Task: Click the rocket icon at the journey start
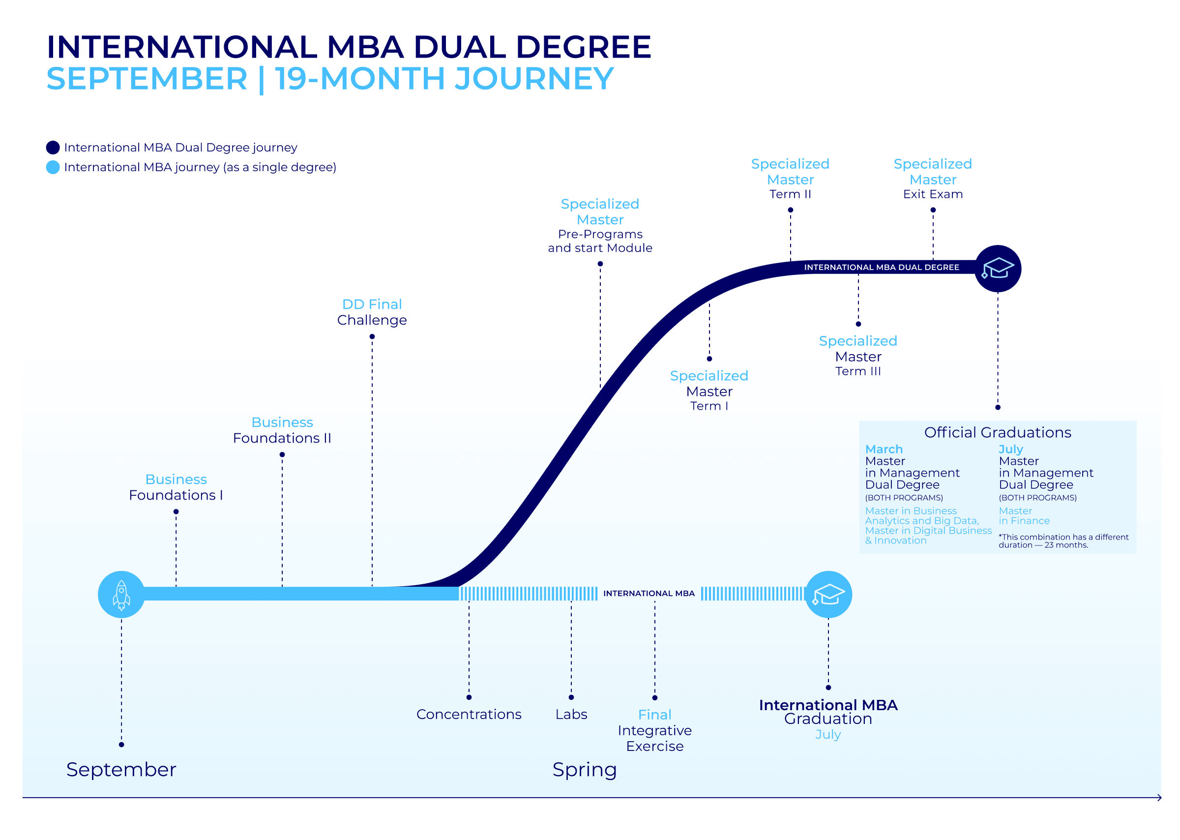121,594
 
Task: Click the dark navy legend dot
53,148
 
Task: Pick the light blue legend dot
53,167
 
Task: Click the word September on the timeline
121,769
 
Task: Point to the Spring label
584,769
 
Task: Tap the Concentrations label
469,714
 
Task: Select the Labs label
571,714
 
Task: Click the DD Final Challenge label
372,312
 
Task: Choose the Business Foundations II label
282,430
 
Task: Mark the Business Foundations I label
176,487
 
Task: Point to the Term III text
858,371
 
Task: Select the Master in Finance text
1023,515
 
